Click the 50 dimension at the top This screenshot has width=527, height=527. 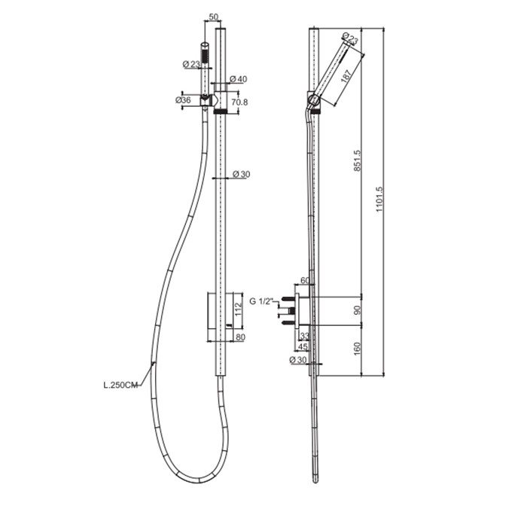[214, 17]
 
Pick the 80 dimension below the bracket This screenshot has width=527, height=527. [239, 337]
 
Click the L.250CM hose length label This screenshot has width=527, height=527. [120, 387]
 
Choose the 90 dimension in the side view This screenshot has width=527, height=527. [358, 309]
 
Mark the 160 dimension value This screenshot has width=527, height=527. [358, 348]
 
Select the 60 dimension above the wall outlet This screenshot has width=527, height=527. [306, 282]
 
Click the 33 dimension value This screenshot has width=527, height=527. [305, 337]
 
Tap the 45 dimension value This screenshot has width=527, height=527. [303, 347]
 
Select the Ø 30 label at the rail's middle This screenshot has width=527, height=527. [242, 175]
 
